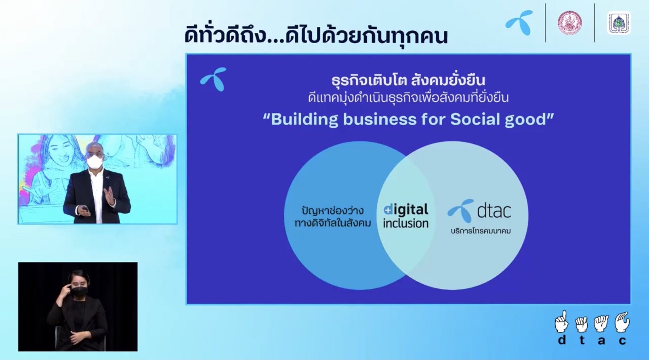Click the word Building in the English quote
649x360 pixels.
pyautogui.click(x=304, y=120)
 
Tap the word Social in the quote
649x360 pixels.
pyautogui.click(x=475, y=119)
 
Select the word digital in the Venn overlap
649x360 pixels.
pyautogui.click(x=405, y=210)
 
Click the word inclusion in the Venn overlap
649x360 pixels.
pyautogui.click(x=405, y=223)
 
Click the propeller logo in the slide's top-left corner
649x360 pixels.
pyautogui.click(x=214, y=79)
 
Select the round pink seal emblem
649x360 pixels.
pyautogui.click(x=570, y=22)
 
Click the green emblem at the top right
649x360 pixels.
pyautogui.click(x=619, y=23)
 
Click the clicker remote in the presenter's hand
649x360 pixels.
pyautogui.click(x=85, y=208)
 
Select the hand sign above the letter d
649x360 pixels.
pyautogui.click(x=561, y=322)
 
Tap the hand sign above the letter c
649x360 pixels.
pyautogui.click(x=622, y=322)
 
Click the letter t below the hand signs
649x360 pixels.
pyautogui.click(x=582, y=340)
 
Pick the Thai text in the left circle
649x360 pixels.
pyautogui.click(x=333, y=217)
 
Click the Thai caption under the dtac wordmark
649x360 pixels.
pyautogui.click(x=481, y=231)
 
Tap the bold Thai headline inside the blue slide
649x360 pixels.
pyautogui.click(x=408, y=80)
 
